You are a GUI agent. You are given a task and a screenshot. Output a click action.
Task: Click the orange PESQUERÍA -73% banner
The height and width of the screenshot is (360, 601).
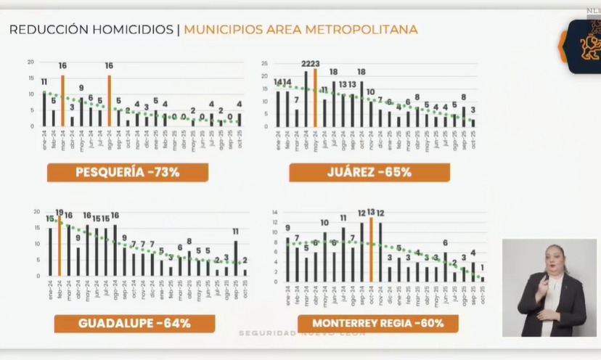click(x=128, y=172)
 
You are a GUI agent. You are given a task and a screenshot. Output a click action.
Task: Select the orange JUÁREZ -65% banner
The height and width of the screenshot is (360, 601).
click(x=369, y=172)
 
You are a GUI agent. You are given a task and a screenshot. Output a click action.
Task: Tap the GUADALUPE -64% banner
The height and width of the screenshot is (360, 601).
click(x=134, y=323)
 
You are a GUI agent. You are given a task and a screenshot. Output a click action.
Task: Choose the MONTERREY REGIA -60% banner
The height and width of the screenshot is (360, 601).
click(x=378, y=323)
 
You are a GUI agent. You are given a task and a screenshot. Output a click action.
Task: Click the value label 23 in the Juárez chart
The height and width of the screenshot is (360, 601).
click(x=315, y=64)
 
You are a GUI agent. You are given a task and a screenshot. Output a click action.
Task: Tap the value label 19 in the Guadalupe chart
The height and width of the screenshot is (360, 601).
click(x=60, y=213)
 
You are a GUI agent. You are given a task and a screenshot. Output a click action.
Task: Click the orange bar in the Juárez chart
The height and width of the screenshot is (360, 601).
click(x=315, y=97)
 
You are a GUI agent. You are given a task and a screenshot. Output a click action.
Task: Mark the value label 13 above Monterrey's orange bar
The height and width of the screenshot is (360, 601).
click(x=371, y=212)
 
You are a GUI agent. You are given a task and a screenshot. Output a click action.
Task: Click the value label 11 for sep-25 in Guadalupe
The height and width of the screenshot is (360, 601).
click(x=236, y=232)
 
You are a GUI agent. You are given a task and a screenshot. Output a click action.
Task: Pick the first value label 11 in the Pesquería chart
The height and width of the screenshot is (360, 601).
click(x=44, y=82)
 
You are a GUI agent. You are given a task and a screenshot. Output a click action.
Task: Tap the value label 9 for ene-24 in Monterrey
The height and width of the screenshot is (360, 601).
click(x=287, y=228)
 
